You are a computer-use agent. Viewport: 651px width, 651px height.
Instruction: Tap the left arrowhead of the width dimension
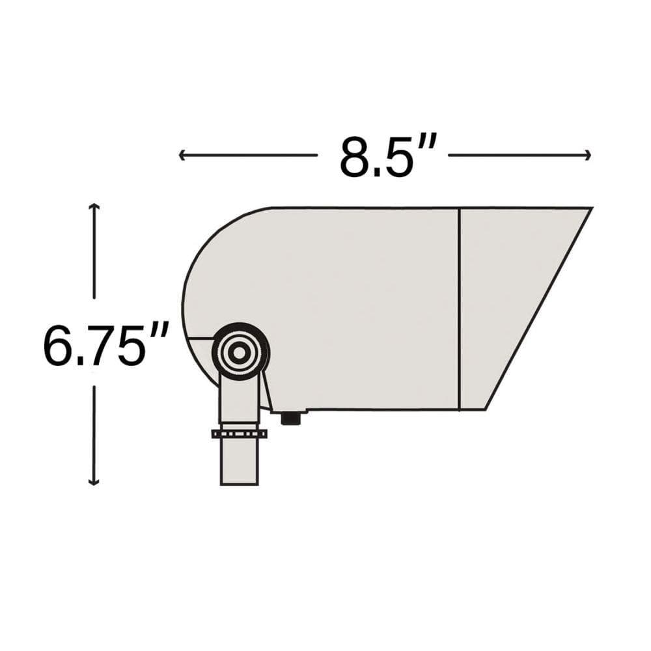click(182, 155)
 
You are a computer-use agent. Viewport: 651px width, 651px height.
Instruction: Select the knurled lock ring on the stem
click(239, 434)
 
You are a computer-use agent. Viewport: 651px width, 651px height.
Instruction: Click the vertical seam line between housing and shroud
click(460, 309)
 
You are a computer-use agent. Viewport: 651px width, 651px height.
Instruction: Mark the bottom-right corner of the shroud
click(485, 409)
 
